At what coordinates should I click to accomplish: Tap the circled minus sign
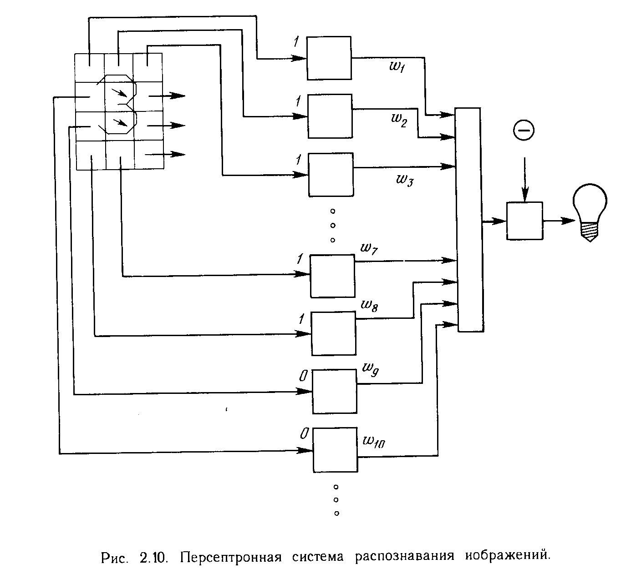(524, 131)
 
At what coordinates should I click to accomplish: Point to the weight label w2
(398, 121)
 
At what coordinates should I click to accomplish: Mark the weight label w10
(374, 441)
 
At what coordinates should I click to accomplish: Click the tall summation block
(469, 220)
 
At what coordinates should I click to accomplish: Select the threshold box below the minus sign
(524, 221)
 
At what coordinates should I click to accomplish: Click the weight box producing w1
(329, 58)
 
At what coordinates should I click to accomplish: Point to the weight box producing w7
(332, 276)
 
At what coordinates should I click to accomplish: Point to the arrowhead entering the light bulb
(568, 221)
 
